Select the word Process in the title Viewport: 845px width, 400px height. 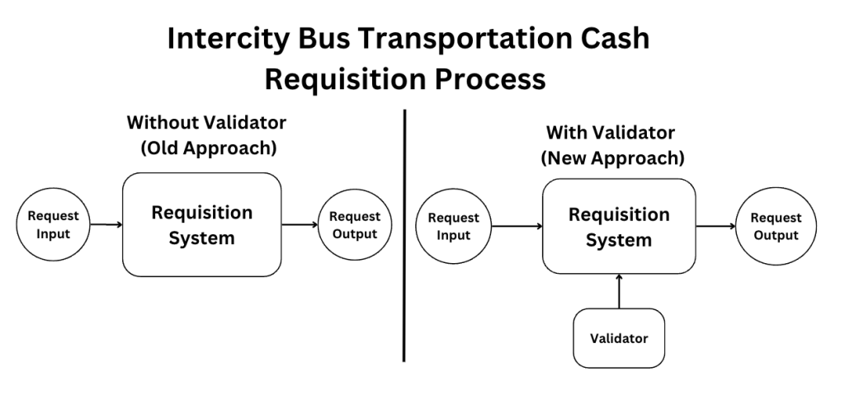click(x=490, y=79)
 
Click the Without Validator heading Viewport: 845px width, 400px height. click(x=206, y=122)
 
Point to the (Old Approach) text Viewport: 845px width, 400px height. click(x=209, y=148)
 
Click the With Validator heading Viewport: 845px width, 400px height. click(x=611, y=133)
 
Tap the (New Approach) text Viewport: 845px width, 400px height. click(x=613, y=158)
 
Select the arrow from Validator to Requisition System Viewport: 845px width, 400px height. click(x=619, y=291)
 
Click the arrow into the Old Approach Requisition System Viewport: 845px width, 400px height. click(x=106, y=224)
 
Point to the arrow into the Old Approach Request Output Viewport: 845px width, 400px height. click(x=300, y=224)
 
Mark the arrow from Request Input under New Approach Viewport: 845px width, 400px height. click(x=517, y=226)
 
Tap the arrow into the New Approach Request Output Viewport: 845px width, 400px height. click(x=715, y=226)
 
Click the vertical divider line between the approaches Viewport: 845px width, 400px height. click(x=404, y=236)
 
